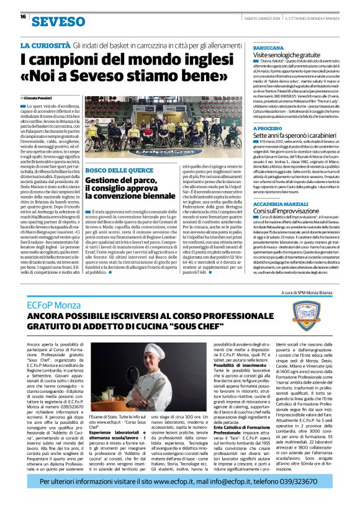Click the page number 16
pyautogui.click(x=23, y=17)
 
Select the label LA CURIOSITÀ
pyautogui.click(x=45, y=47)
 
